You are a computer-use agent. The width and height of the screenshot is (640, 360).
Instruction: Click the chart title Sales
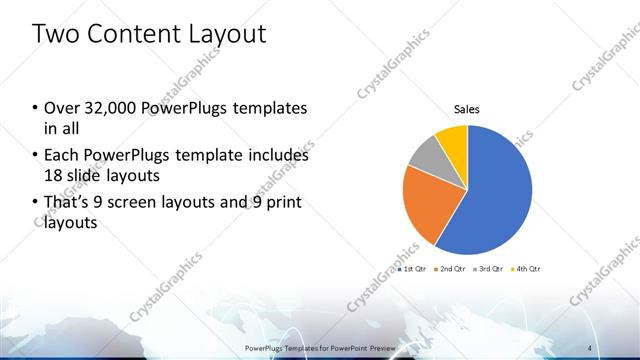pyautogui.click(x=467, y=108)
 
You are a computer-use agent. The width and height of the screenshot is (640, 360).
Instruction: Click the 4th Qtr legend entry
pyautogui.click(x=527, y=269)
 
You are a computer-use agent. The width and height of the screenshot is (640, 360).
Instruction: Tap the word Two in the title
pyautogui.click(x=55, y=34)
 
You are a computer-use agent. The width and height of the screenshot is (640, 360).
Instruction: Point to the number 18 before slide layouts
pyautogui.click(x=51, y=176)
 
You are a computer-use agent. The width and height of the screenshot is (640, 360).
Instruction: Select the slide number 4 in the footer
pyautogui.click(x=590, y=346)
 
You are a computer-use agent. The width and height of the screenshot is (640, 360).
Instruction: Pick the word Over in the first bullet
pyautogui.click(x=60, y=108)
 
